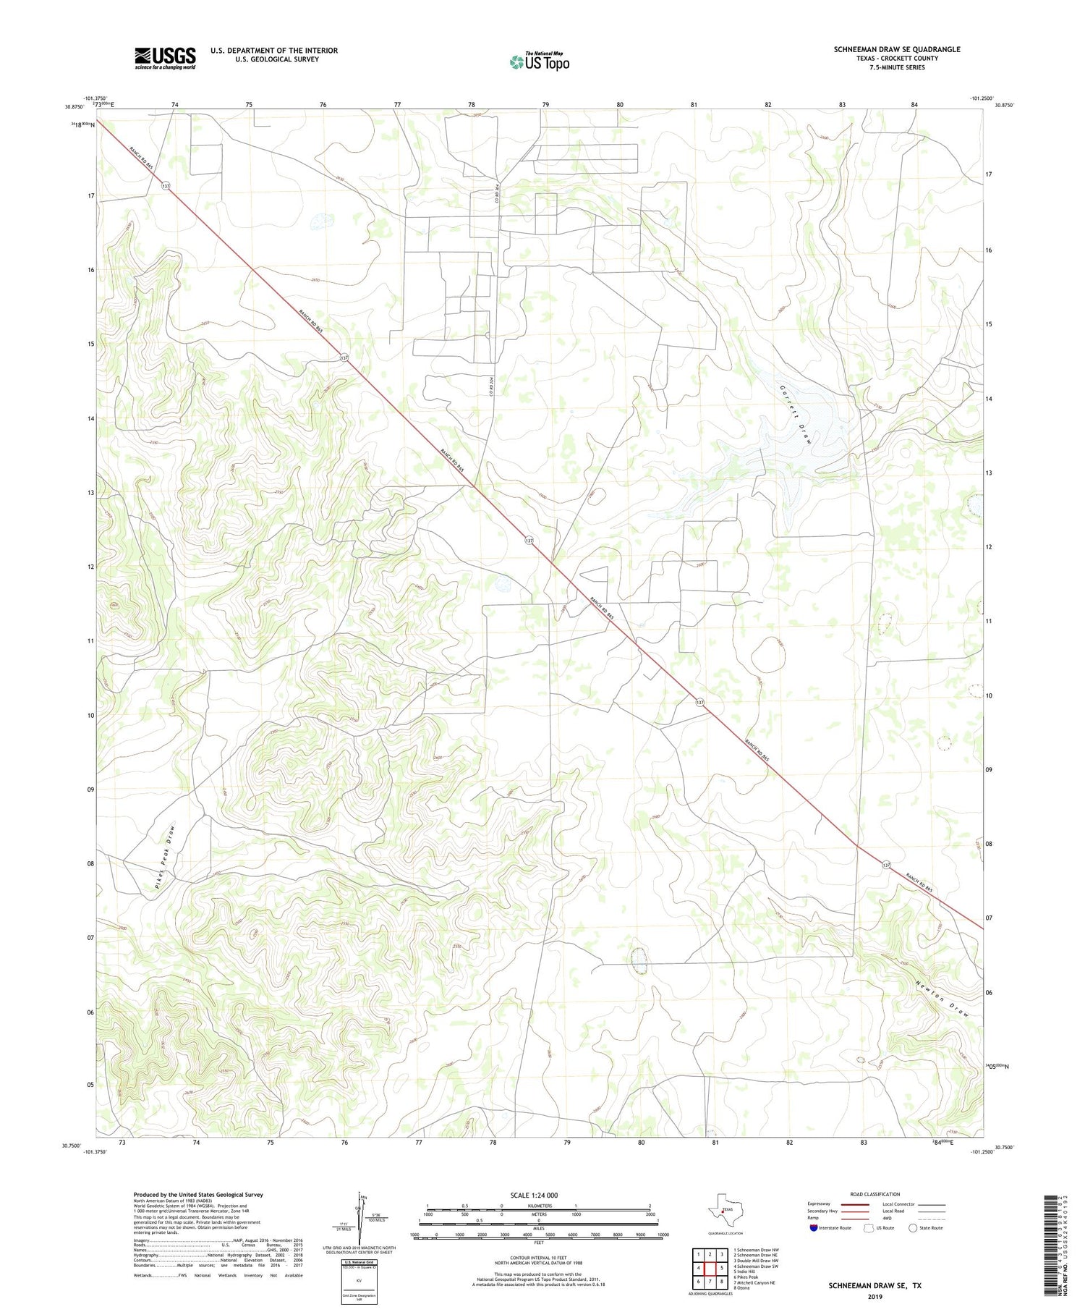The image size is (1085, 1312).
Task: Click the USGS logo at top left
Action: [165, 58]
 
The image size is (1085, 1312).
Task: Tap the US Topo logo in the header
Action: [539, 62]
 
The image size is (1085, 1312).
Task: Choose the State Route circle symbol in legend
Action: [913, 1228]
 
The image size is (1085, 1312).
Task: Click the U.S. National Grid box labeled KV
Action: [349, 1281]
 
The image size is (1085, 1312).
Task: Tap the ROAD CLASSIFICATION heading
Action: [875, 1194]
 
